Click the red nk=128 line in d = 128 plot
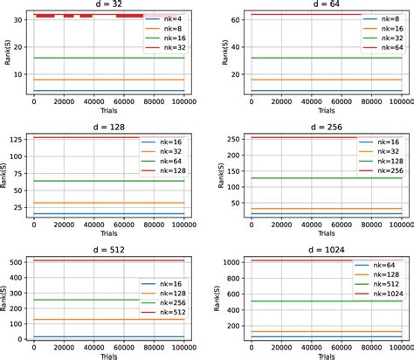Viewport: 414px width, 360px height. (87, 138)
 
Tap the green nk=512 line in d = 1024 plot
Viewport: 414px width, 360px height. (297, 301)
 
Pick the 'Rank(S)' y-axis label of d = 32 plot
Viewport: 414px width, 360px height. (6, 52)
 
